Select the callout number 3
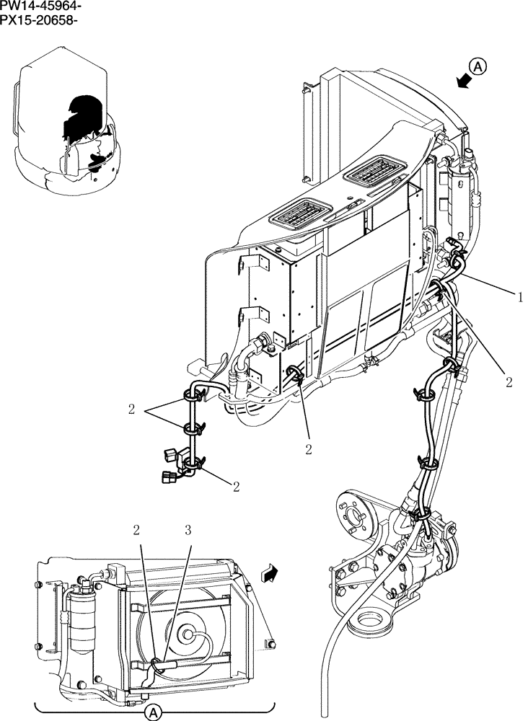tap(188, 531)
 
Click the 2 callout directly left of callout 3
tap(136, 531)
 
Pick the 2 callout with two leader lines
tap(131, 410)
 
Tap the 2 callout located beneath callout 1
tap(509, 382)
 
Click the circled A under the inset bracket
tap(151, 712)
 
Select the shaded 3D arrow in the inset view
tap(269, 574)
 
